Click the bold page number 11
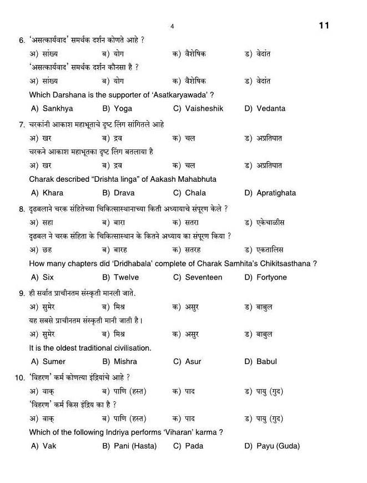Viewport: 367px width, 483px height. coord(324,26)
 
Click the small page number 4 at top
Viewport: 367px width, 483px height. coord(172,27)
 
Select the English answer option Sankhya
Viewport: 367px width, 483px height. coord(57,108)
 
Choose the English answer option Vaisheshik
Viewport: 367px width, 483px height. coord(204,108)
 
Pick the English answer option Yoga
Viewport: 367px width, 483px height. coord(123,108)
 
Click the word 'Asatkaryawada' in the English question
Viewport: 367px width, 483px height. coord(182,95)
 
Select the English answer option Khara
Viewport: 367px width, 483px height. coord(53,193)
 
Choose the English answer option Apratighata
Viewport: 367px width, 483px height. coord(276,193)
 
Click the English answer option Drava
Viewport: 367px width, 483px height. coord(124,193)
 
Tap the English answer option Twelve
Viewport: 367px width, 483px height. coord(126,277)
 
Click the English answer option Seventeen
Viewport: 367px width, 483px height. coord(203,277)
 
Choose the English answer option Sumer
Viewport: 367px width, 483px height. coord(54,362)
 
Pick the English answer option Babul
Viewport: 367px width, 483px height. coord(267,362)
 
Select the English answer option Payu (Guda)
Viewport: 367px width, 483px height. coord(278,446)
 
